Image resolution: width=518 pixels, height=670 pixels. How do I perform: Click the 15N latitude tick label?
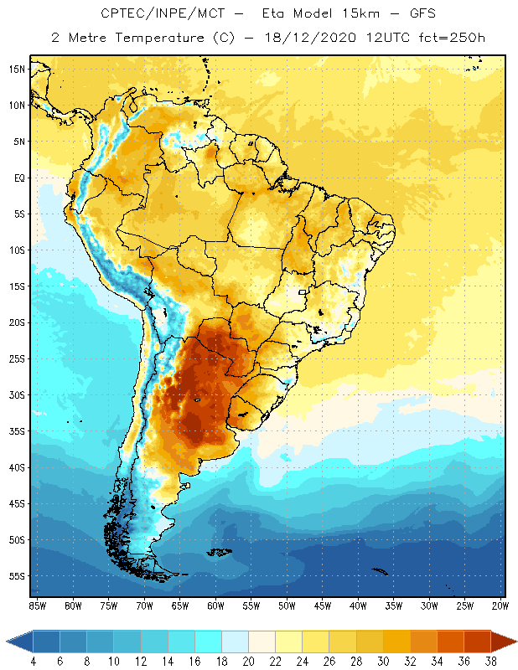click(16, 69)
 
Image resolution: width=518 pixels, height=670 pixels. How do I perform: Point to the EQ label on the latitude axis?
click(18, 178)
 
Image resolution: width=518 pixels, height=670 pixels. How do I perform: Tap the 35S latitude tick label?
click(16, 431)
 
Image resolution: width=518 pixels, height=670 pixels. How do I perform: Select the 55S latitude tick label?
click(16, 576)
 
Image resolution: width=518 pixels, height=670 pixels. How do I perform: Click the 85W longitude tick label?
click(38, 606)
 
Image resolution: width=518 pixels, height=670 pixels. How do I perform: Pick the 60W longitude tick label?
click(215, 606)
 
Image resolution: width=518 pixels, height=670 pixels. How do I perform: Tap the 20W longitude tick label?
click(500, 606)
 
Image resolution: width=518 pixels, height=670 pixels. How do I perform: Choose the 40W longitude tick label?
click(358, 606)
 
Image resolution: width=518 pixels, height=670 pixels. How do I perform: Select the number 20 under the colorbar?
click(247, 662)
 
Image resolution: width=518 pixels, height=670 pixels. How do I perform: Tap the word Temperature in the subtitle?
click(153, 38)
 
